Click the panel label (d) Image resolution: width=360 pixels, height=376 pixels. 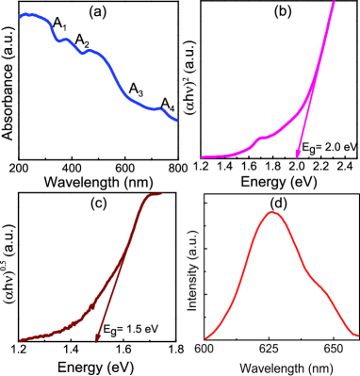coord(271,201)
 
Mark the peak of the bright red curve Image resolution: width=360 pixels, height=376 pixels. coord(272,213)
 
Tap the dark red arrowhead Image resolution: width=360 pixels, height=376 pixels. coord(97,340)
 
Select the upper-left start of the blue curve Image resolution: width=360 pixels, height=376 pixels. coord(21,16)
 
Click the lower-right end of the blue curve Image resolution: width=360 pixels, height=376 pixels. coord(176,120)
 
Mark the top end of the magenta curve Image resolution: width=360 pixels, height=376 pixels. coord(334,3)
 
